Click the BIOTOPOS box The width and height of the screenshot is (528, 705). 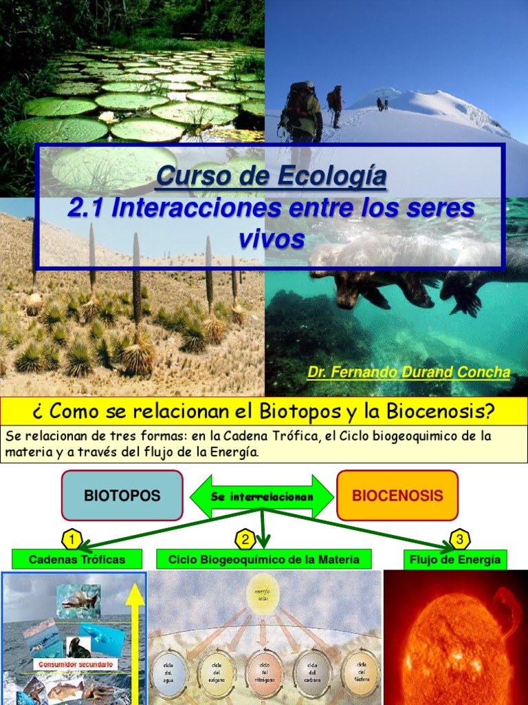[122, 496]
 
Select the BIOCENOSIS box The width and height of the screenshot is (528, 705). [397, 496]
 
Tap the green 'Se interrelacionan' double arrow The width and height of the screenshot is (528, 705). [261, 496]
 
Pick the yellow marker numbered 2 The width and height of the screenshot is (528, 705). [245, 538]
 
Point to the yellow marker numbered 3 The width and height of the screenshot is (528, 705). [459, 538]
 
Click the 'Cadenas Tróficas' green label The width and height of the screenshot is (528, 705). [77, 559]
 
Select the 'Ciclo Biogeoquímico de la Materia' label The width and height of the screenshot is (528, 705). [264, 559]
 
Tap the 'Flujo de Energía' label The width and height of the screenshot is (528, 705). [455, 559]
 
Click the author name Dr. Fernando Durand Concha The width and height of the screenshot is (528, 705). [408, 372]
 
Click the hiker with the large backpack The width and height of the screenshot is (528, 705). [300, 114]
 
